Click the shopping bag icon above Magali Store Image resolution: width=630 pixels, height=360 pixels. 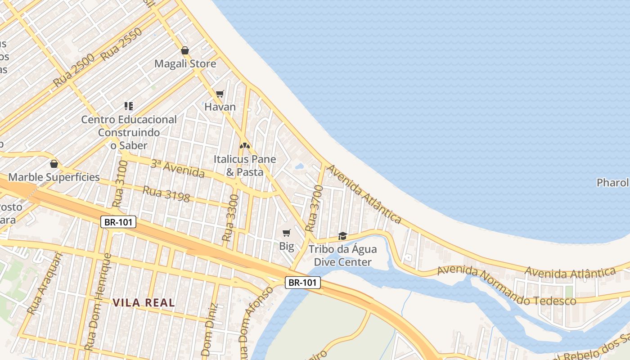click(x=184, y=50)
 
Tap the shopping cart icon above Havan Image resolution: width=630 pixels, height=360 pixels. click(x=220, y=94)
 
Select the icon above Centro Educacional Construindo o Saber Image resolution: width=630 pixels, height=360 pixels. click(x=129, y=106)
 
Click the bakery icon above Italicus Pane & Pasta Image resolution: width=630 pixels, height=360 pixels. click(x=244, y=146)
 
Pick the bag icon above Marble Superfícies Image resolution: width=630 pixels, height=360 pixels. click(x=54, y=164)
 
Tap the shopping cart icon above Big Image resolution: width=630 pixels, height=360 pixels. click(x=286, y=233)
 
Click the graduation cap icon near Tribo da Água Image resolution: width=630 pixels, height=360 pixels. click(x=342, y=236)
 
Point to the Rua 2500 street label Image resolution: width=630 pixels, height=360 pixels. click(x=74, y=70)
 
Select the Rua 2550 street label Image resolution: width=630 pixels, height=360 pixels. click(x=121, y=44)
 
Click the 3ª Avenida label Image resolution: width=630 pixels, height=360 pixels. click(x=177, y=168)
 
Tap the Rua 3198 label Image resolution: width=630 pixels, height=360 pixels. click(x=166, y=193)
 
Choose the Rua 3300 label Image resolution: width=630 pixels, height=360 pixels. click(x=230, y=217)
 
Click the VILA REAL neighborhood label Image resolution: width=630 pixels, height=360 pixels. click(x=144, y=302)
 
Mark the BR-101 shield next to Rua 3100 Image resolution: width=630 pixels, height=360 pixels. click(x=118, y=222)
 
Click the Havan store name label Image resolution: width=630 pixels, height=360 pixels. click(x=220, y=107)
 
